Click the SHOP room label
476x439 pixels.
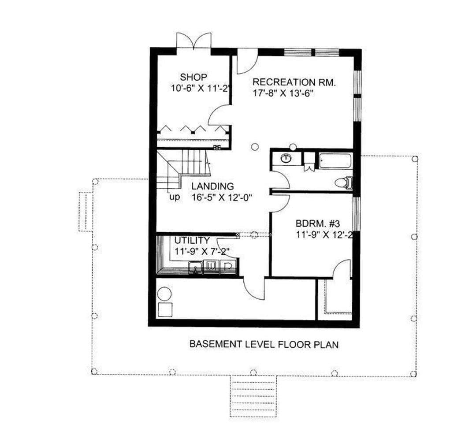coord(193,77)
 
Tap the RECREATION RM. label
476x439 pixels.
coord(294,82)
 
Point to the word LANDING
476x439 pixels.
coord(212,186)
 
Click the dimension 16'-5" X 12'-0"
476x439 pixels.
coord(222,197)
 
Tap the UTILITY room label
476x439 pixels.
coord(192,241)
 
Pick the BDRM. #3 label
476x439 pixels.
coord(317,224)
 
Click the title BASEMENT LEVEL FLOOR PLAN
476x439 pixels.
coord(264,345)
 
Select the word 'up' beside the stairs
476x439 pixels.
coord(175,197)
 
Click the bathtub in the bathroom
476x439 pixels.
coord(335,161)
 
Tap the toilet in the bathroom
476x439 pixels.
coord(343,183)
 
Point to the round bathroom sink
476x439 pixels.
coord(285,158)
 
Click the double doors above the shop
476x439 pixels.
coord(194,41)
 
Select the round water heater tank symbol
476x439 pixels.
coord(164,294)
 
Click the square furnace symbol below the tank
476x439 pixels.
coord(165,310)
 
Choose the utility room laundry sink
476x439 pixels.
coord(196,268)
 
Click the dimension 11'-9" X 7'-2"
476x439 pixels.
coord(201,251)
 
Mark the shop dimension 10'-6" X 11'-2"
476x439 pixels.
coord(201,88)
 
